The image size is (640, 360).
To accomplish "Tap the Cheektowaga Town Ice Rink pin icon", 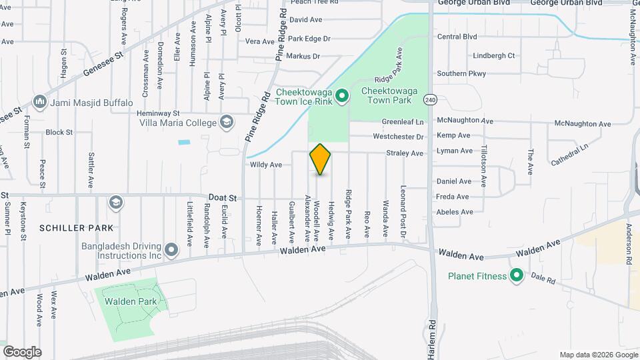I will coord(342,97).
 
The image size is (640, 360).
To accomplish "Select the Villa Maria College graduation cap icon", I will coord(227,122).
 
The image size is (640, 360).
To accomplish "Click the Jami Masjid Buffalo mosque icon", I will coord(40,103).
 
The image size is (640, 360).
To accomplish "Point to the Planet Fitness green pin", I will coord(516,275).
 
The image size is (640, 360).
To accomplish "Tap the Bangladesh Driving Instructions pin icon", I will coord(171,250).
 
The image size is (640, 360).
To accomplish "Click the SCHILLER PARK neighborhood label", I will coord(71,228).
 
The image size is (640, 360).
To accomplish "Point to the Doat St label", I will coord(223,198).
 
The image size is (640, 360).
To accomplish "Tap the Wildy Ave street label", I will coord(266,165).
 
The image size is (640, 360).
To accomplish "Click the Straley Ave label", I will coord(405,153).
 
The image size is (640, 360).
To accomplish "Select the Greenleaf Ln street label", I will coord(403,122).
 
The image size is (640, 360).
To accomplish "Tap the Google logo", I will coord(21,352).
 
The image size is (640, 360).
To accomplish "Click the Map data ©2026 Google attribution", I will coord(598,355).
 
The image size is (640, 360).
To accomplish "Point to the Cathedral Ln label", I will coord(570,154).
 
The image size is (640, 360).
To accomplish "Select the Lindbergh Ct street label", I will coord(493,56).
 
